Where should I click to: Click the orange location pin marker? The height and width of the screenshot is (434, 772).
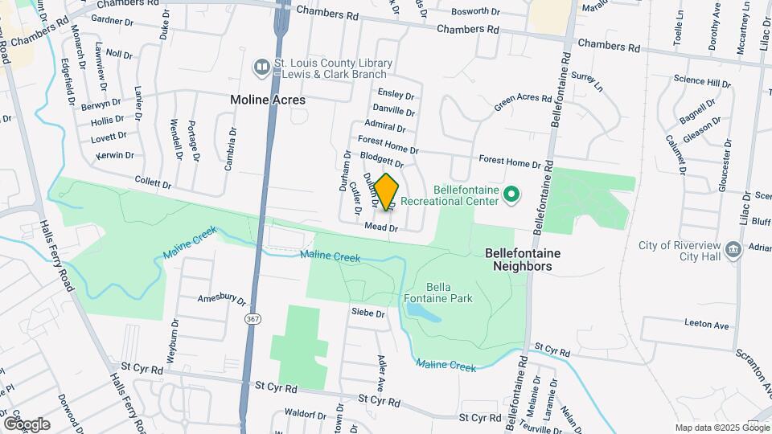point(387,191)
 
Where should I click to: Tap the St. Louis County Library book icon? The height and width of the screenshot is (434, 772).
point(261,68)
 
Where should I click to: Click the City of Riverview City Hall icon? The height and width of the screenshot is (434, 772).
point(733,250)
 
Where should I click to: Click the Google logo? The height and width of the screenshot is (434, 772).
point(27,424)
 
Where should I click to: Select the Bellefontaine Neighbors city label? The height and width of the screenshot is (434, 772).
point(523,259)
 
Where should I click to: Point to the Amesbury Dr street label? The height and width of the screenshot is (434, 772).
point(221,301)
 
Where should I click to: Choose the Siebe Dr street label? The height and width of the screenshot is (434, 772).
point(368,313)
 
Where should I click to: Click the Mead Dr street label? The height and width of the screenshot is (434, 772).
point(381,227)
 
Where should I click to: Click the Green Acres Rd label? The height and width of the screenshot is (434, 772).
point(523,104)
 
